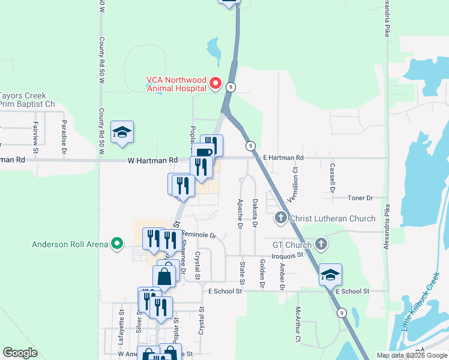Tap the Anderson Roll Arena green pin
[x=118, y=244]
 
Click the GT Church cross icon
[x=321, y=244]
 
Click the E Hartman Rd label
[x=283, y=157]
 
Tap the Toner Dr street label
[x=360, y=197]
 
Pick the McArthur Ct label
[x=297, y=325]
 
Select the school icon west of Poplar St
[x=122, y=133]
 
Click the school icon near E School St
[x=330, y=274]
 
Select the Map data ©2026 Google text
[x=411, y=355]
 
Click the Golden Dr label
[x=262, y=274]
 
